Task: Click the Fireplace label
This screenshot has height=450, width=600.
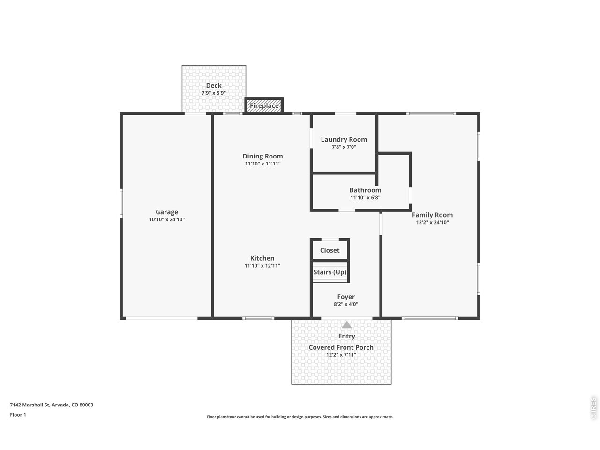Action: (x=264, y=105)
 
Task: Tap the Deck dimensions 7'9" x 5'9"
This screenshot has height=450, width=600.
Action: (x=213, y=93)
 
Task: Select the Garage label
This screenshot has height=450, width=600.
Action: (x=167, y=212)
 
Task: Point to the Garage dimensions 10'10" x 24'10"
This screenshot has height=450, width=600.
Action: (x=167, y=219)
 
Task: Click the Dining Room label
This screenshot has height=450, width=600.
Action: (x=262, y=156)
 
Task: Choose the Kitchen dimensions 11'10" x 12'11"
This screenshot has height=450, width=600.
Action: (x=262, y=266)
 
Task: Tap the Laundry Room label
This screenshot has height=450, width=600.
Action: (x=344, y=139)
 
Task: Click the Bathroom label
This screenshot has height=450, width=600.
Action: (x=365, y=190)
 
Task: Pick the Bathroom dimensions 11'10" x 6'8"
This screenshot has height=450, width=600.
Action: (x=365, y=197)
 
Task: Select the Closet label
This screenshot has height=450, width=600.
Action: (x=330, y=250)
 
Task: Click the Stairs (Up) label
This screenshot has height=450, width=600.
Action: (x=330, y=272)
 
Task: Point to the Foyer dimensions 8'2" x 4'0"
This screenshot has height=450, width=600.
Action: (x=346, y=304)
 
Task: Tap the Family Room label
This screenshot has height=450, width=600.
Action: (x=432, y=215)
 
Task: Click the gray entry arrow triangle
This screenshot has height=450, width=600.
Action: (x=346, y=325)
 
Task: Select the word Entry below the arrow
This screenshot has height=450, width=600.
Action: (x=346, y=336)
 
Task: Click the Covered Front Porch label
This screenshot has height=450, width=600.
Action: (x=341, y=347)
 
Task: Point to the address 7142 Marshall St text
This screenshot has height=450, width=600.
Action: (x=30, y=405)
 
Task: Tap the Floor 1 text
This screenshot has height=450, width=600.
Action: (x=18, y=415)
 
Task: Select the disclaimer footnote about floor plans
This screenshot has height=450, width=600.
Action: (x=300, y=417)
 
